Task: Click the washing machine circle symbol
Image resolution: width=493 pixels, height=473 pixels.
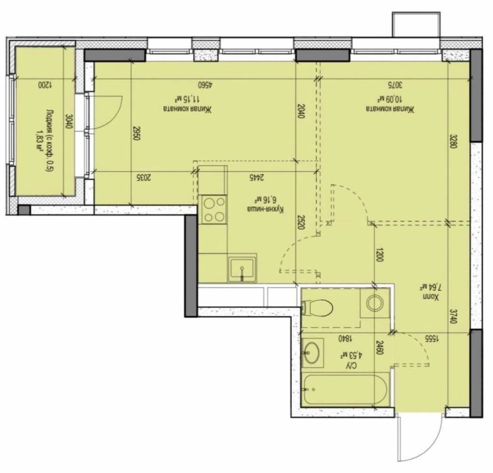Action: (x=374, y=303)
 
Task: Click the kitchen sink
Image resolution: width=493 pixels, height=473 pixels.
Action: (x=241, y=268)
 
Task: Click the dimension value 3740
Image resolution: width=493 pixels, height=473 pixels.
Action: (x=453, y=315)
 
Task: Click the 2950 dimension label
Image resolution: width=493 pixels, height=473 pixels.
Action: (x=136, y=134)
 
